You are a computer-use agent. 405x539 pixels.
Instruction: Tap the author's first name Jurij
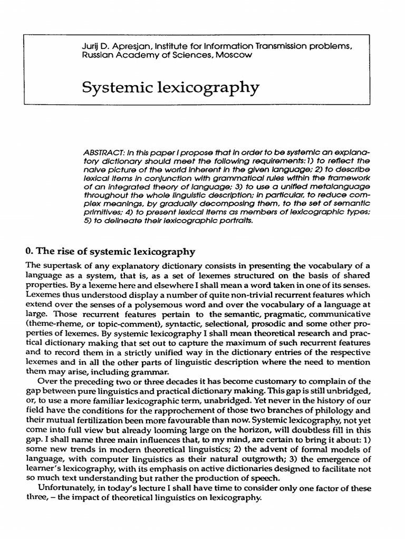(90, 47)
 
